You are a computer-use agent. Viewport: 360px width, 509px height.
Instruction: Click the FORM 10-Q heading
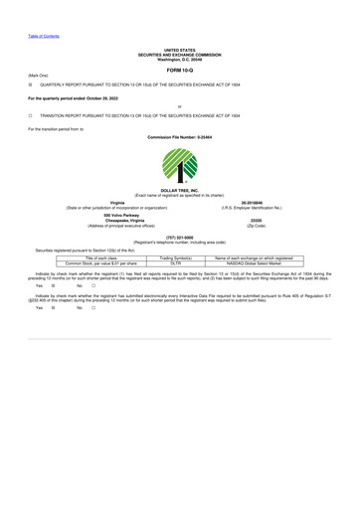180,71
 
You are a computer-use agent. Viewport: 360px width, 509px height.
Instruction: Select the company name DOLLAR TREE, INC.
180,189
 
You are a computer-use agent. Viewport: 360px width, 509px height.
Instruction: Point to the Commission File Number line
180,136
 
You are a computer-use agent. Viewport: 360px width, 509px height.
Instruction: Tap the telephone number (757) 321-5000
180,237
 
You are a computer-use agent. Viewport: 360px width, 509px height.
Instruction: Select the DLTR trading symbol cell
175,261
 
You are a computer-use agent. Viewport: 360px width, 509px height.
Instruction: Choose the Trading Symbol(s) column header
175,256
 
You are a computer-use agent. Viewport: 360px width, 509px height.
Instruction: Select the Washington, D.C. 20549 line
180,58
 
